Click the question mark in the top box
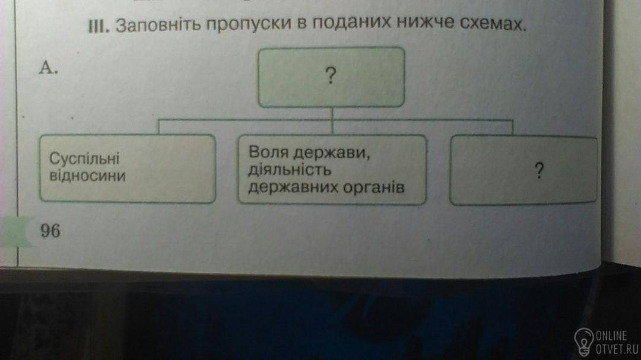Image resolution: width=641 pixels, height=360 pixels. (x=331, y=76)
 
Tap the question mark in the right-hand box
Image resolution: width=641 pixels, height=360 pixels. (x=539, y=170)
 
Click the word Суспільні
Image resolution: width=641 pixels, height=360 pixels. (x=84, y=159)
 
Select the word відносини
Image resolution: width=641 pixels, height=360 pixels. (x=87, y=176)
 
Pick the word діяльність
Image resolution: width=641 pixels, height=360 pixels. (x=290, y=170)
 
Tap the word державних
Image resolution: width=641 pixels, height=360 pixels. (x=293, y=187)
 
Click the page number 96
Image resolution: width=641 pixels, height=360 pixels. (x=50, y=231)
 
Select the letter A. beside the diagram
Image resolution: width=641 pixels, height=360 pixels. (x=48, y=68)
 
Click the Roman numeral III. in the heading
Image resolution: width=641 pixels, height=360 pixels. (x=99, y=27)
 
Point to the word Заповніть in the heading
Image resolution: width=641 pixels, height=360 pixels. (x=158, y=26)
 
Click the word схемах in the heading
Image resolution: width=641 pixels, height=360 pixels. (x=492, y=24)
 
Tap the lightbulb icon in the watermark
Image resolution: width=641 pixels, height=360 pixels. (x=584, y=341)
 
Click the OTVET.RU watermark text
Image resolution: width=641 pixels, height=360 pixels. (x=617, y=349)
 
